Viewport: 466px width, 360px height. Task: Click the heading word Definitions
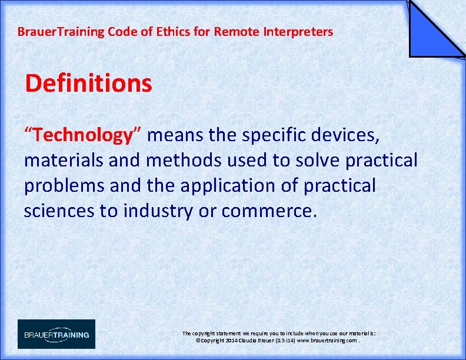point(88,84)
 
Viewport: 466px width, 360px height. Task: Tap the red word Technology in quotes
point(82,135)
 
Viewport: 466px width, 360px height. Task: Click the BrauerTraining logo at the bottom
point(56,334)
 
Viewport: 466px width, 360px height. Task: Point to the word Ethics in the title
point(171,32)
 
